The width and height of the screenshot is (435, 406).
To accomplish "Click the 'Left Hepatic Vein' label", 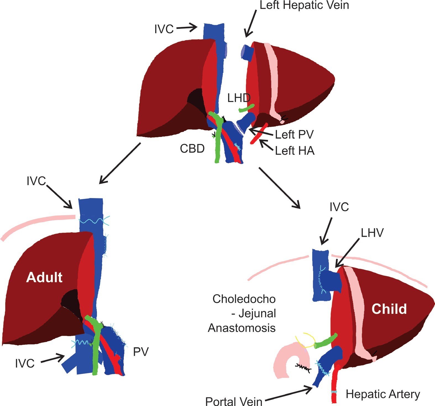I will pyautogui.click(x=304, y=6).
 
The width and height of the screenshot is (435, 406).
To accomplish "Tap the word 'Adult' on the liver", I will pyautogui.click(x=44, y=277).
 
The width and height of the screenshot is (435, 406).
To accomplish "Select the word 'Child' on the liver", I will pyautogui.click(x=389, y=309).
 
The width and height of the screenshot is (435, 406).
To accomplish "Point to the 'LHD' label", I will pyautogui.click(x=239, y=98).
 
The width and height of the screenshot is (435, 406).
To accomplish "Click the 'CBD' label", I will pyautogui.click(x=192, y=149).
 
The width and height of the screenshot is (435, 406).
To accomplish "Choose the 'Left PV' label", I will pyautogui.click(x=294, y=135).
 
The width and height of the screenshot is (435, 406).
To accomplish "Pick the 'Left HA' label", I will pyautogui.click(x=295, y=151).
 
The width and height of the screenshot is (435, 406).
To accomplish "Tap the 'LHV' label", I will pyautogui.click(x=372, y=233).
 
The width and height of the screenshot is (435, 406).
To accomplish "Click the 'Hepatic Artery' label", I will pyautogui.click(x=383, y=394).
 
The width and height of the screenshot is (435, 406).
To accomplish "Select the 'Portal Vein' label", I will pyautogui.click(x=234, y=401).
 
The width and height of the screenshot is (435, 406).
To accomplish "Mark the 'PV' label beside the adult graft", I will pyautogui.click(x=141, y=352).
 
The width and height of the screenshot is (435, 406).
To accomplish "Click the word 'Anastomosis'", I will pyautogui.click(x=242, y=328).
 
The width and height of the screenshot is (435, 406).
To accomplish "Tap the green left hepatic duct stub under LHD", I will pyautogui.click(x=247, y=108).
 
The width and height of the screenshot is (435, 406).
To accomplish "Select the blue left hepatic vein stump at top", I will pyautogui.click(x=248, y=52).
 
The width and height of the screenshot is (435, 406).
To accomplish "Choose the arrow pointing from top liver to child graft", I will pyautogui.click(x=279, y=188).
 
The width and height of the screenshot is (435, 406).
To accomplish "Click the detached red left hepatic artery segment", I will pyautogui.click(x=259, y=133).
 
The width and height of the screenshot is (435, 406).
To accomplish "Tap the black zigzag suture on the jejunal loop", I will pyautogui.click(x=303, y=368).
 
